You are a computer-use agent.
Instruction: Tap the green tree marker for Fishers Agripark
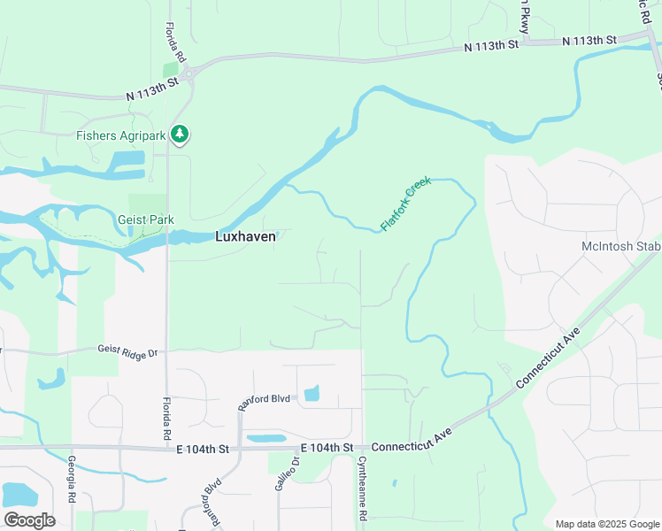(181, 135)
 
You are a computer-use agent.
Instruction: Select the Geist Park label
(145, 219)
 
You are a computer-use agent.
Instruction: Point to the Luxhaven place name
(246, 236)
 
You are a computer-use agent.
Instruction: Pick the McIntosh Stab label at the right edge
(620, 246)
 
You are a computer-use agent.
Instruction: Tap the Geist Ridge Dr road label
(127, 350)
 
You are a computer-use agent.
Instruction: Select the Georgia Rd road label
(71, 481)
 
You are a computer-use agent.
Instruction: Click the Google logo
(29, 519)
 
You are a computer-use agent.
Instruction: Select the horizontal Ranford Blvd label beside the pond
(264, 399)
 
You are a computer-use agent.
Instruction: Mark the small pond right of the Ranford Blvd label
(312, 394)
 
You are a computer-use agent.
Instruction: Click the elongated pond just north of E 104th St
(266, 437)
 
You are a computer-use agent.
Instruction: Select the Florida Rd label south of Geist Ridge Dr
(166, 419)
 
